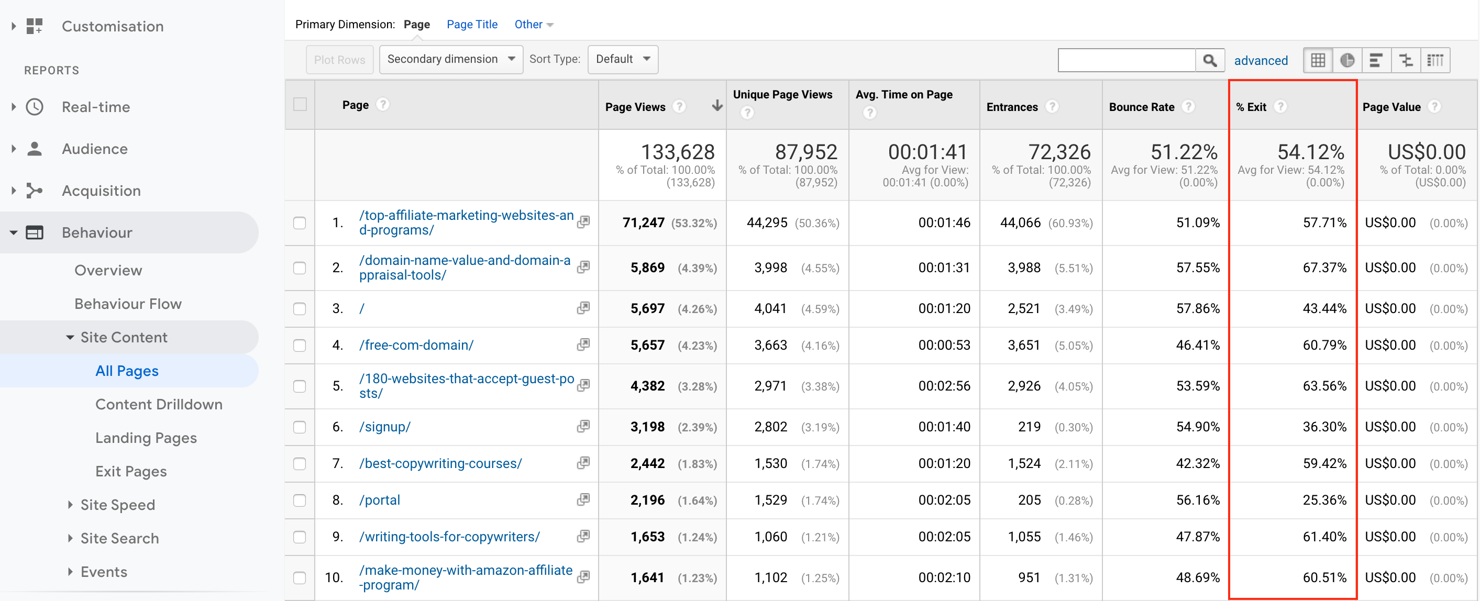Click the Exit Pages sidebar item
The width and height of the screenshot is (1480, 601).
click(x=131, y=471)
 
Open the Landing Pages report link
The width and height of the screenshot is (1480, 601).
click(x=146, y=438)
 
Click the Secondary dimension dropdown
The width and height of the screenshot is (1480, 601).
click(x=450, y=59)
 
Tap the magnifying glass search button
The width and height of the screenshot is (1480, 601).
click(x=1209, y=60)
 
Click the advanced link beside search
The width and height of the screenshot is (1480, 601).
click(x=1261, y=60)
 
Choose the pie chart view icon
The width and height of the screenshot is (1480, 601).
click(x=1346, y=60)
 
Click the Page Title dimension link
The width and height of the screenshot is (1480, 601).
click(x=472, y=24)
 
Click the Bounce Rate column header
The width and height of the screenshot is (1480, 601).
click(x=1141, y=107)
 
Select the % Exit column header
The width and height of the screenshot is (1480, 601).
click(x=1251, y=107)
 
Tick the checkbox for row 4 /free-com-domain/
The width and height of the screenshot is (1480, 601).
click(x=300, y=346)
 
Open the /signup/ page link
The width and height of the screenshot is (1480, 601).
click(x=384, y=427)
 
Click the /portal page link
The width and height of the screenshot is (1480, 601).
click(x=379, y=500)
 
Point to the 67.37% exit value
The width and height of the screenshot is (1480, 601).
click(x=1324, y=268)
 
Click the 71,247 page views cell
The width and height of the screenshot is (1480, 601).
click(x=643, y=223)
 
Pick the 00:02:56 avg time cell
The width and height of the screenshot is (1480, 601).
click(x=943, y=386)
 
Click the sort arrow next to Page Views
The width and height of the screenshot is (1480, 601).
click(x=716, y=106)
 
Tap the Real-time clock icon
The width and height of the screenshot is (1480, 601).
click(x=35, y=107)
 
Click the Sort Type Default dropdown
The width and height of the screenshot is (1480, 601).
click(x=622, y=59)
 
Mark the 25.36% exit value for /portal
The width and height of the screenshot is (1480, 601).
click(x=1324, y=500)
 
